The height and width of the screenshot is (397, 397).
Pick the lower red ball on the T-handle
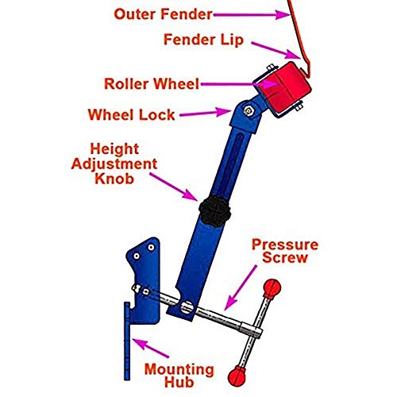(x=234, y=375)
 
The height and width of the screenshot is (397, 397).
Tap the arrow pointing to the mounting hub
(x=151, y=349)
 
